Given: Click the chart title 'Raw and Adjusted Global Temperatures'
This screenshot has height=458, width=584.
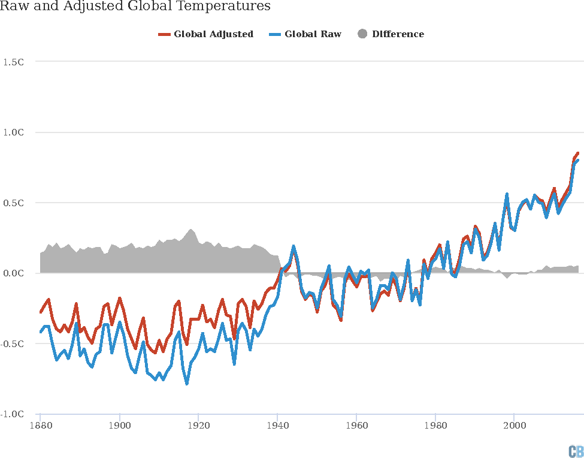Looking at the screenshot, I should [135, 7].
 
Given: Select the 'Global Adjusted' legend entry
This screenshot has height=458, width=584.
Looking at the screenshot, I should [213, 34].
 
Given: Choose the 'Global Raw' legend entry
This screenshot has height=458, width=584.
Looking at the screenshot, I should [313, 34].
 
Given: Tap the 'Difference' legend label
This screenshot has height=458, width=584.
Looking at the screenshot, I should [398, 34].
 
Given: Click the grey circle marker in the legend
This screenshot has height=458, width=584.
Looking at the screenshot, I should [362, 34].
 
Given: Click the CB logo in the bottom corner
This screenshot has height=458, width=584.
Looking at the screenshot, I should [576, 451].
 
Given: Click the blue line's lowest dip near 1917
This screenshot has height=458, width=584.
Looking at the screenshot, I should [187, 383].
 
